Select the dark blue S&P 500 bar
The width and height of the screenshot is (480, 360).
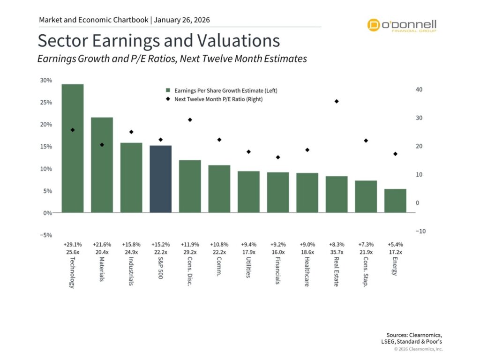click(161, 179)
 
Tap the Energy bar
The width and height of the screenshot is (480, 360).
click(395, 201)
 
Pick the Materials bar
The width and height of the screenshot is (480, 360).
click(102, 165)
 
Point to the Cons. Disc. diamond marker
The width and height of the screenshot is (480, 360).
click(190, 120)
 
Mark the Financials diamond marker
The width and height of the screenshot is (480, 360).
click(277, 157)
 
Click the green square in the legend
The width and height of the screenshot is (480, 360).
click(168, 90)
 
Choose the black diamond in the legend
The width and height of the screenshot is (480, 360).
click(168, 99)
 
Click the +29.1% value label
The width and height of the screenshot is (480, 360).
click(72, 245)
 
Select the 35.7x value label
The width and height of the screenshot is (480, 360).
click(337, 252)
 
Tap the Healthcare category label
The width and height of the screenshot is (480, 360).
click(307, 271)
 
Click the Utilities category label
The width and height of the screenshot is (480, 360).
click(248, 267)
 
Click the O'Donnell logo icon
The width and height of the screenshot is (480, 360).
click(374, 25)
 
